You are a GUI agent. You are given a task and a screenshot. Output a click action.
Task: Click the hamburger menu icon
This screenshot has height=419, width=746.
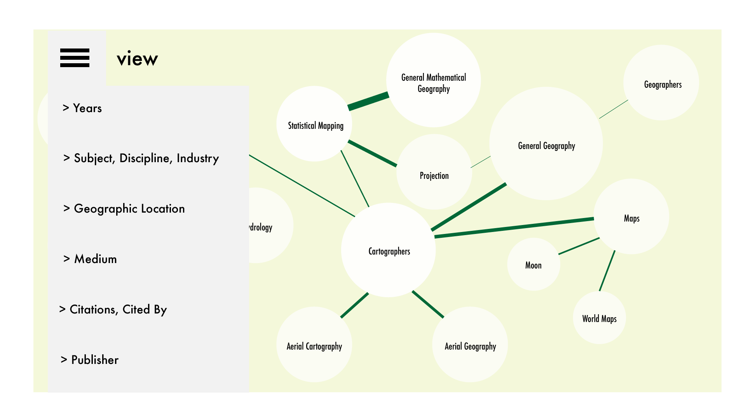tap(75, 58)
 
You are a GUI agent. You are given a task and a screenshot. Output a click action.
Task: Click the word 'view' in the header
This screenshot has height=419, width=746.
tap(137, 59)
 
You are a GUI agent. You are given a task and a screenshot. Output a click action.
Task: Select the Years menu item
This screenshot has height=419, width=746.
tap(82, 108)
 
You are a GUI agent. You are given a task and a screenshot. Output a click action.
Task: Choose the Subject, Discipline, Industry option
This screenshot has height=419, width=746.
tap(141, 158)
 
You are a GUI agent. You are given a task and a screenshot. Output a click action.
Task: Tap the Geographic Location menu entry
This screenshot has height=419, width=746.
tap(124, 209)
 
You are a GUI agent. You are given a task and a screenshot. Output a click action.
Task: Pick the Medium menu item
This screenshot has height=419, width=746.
tap(90, 259)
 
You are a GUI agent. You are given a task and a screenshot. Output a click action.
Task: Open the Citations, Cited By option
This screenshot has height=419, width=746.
tap(113, 310)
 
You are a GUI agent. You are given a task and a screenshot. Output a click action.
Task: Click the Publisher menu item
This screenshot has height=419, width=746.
tap(90, 360)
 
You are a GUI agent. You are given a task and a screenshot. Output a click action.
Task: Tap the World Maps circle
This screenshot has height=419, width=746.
tap(599, 318)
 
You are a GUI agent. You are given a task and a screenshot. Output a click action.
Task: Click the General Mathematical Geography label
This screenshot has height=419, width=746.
tap(434, 83)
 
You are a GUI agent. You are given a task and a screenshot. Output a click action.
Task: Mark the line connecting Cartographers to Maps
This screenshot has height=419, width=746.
tap(514, 227)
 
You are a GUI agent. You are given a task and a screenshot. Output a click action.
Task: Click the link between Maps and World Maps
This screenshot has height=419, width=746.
tap(607, 270)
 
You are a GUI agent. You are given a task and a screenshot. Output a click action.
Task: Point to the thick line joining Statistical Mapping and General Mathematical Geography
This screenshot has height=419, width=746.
tap(368, 101)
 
